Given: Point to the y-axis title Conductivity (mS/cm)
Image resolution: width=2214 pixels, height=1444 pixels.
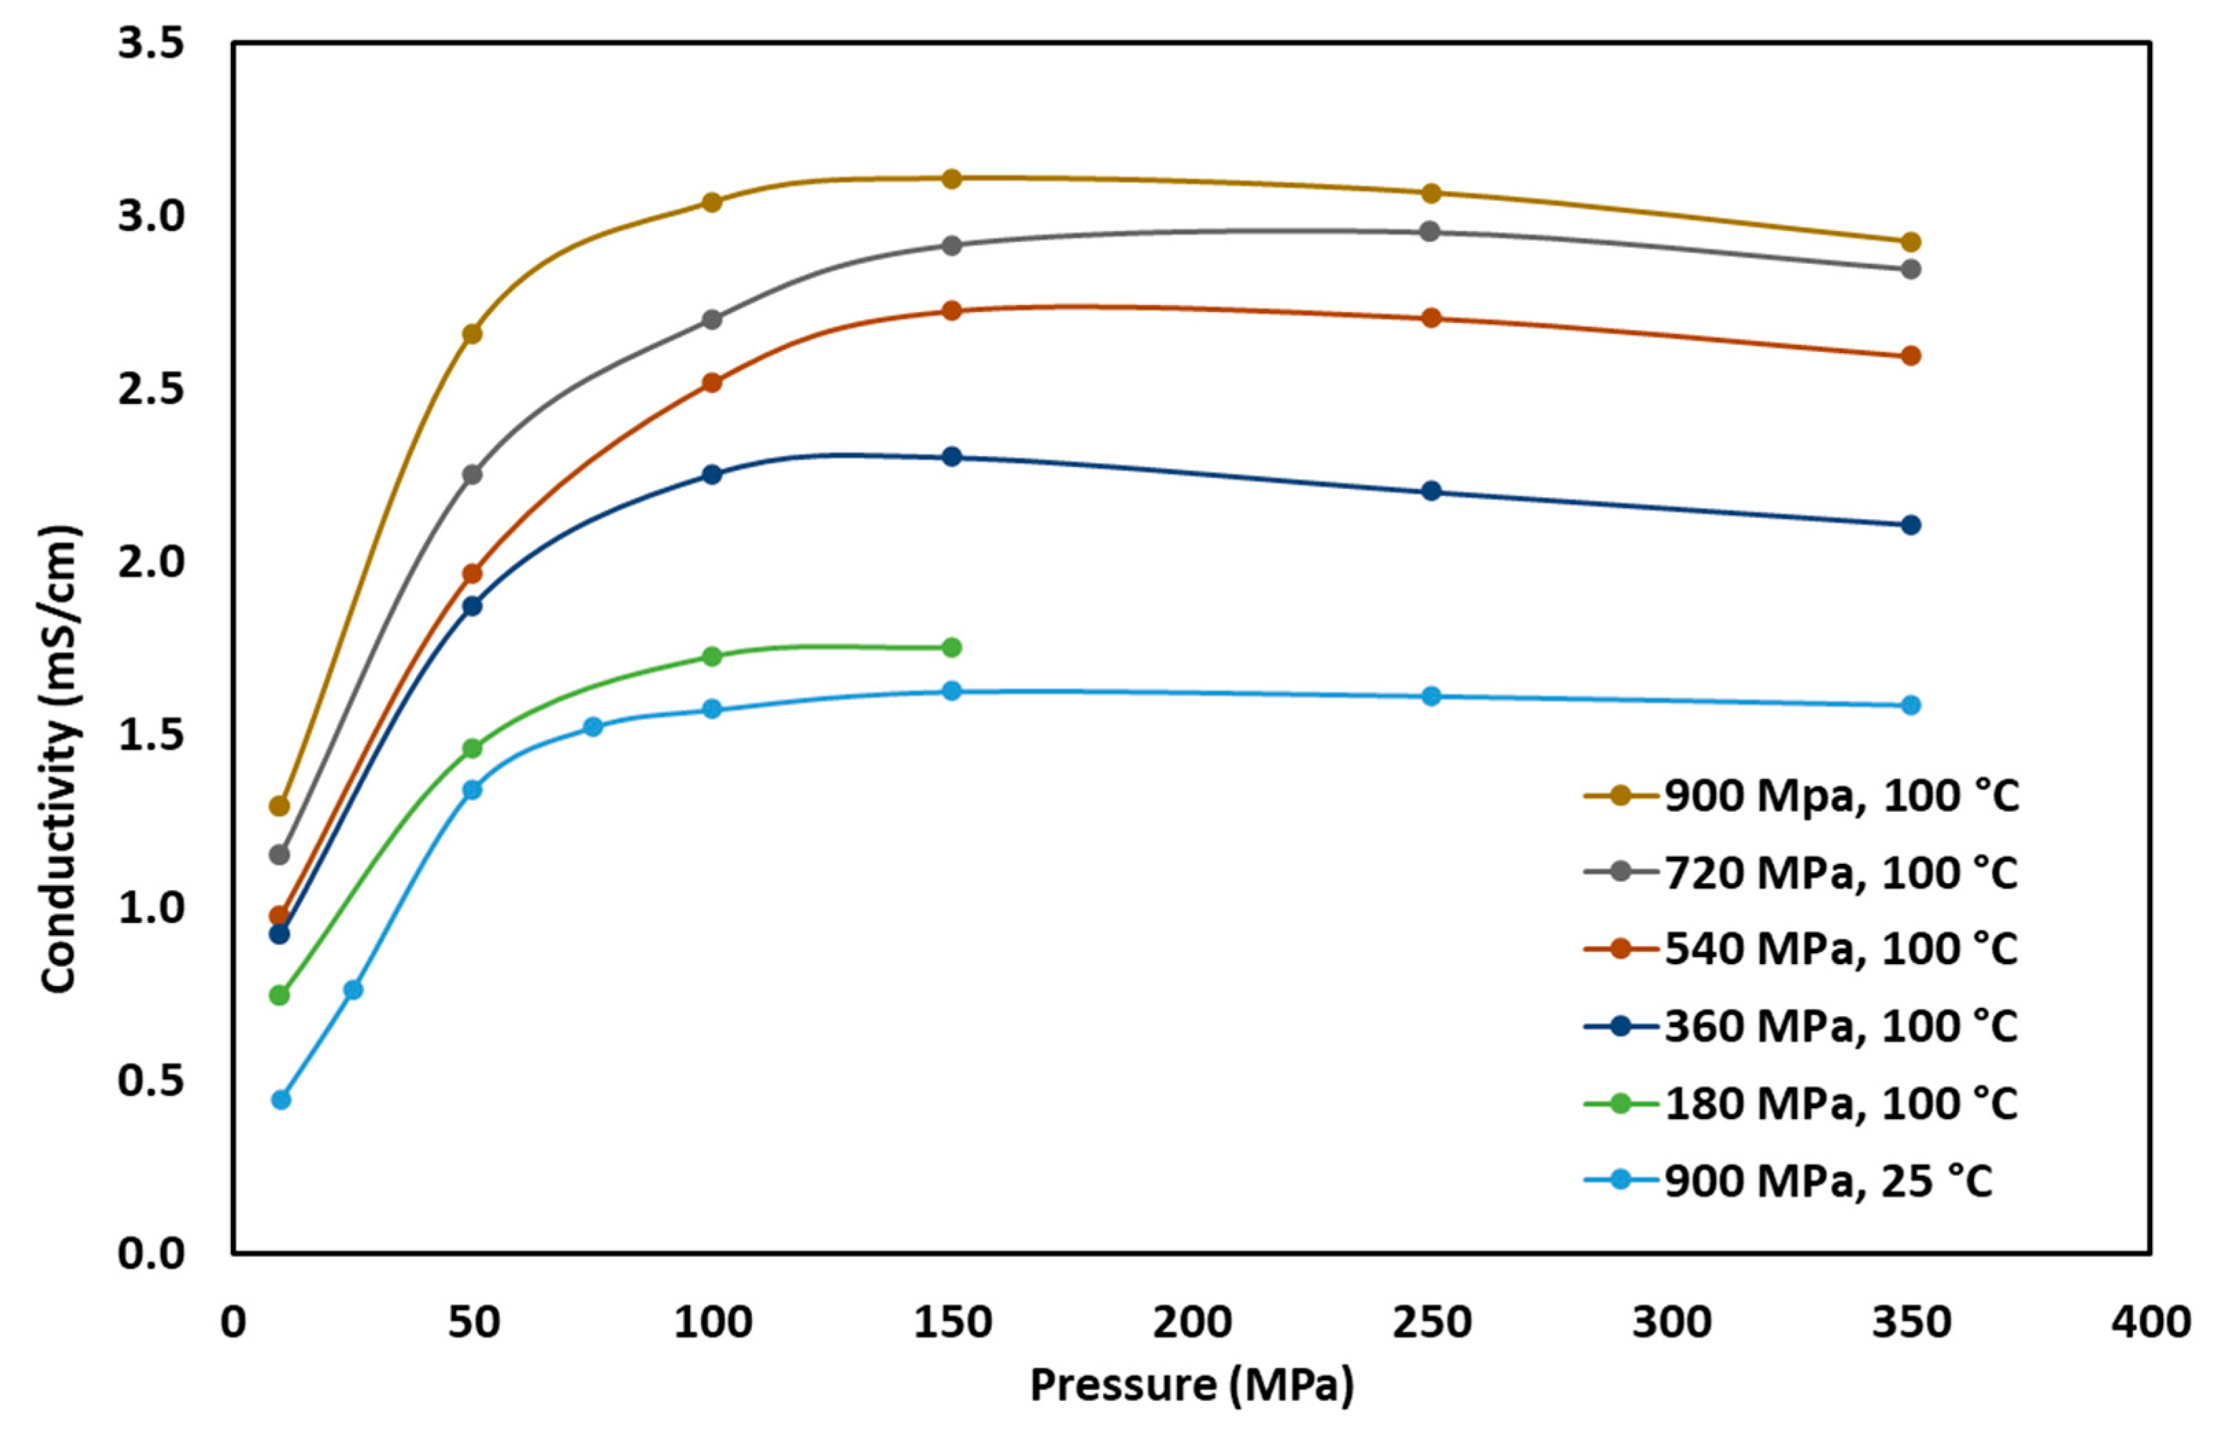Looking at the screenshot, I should (x=58, y=759).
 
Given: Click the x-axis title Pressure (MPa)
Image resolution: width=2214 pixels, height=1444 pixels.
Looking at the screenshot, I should (x=1191, y=1386).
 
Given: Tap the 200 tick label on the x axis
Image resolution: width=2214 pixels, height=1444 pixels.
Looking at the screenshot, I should (x=1191, y=1322).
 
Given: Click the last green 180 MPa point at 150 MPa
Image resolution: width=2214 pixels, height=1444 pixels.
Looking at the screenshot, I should (x=951, y=647).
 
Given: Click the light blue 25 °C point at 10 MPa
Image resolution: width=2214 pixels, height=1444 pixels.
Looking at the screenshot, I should (x=281, y=1100).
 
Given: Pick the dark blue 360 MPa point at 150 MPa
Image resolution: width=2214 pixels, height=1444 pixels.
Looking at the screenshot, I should (x=951, y=457).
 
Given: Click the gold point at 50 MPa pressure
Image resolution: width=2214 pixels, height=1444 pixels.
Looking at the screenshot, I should (x=472, y=334).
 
